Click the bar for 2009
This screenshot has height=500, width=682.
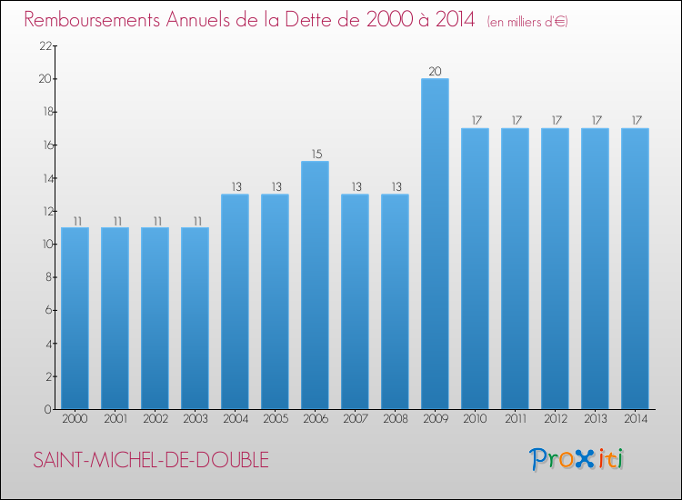point(435,244)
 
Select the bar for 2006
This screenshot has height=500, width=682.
point(315,285)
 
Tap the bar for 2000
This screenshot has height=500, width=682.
point(75,318)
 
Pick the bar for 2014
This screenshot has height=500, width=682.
point(635,269)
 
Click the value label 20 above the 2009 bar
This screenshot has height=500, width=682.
point(435,71)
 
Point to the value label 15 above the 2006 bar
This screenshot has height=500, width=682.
point(315,154)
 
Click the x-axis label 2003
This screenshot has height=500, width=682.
point(195,419)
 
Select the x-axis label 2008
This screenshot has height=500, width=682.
point(395,419)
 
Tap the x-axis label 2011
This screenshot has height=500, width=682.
point(515,419)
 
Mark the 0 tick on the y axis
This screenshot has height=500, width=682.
point(45,409)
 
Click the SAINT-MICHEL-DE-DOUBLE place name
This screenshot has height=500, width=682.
point(151,461)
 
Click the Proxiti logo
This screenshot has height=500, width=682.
point(577,459)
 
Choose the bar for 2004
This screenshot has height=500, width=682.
point(235,302)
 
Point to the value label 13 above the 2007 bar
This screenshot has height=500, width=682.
point(355,186)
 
